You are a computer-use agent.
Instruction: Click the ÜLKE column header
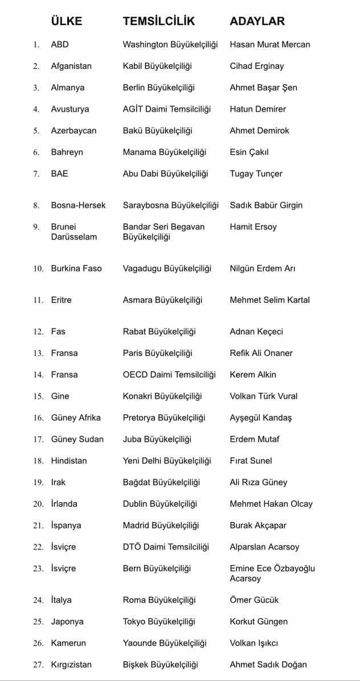pos(67,21)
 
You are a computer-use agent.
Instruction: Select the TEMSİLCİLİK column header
pos(159,21)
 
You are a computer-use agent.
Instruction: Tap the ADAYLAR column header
pos(257,21)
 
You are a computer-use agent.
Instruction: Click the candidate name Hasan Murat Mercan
pos(270,44)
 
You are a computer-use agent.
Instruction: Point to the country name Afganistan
pos(71,66)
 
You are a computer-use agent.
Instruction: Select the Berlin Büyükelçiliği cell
pos(159,88)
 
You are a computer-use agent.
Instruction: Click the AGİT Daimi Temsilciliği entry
pos(167,109)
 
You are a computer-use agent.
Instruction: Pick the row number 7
pos(37,174)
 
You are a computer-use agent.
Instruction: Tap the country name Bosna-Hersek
pos(78,205)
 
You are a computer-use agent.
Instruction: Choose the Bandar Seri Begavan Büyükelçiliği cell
pos(164,232)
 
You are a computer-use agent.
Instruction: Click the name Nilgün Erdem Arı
pos(262,269)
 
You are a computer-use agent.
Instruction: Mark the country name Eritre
pos(61,300)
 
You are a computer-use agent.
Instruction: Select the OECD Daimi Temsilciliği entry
pos(169,374)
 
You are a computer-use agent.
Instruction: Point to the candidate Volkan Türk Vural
pos(263,396)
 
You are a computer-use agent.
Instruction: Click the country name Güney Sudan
pos(77,439)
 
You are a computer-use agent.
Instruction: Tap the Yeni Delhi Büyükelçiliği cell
pos(167,461)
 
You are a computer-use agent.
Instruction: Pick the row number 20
pos(38,504)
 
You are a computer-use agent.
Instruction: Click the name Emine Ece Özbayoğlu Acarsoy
pos(272,573)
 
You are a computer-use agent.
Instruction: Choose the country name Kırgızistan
pos(71,665)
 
